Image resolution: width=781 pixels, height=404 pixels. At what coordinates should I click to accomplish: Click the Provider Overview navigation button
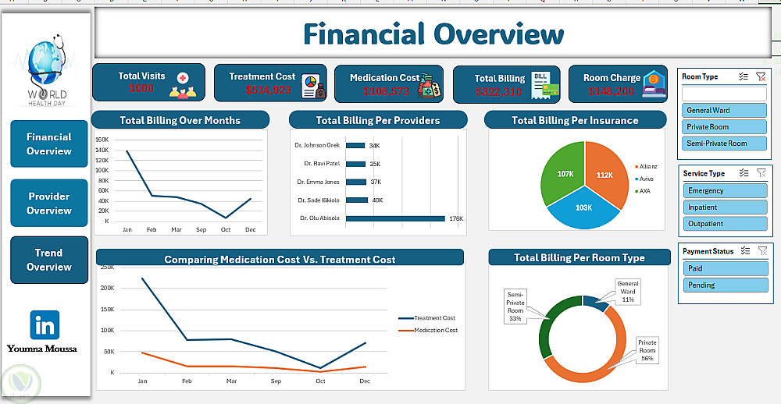click(49, 204)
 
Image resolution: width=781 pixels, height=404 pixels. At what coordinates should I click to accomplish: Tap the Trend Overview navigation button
click(49, 260)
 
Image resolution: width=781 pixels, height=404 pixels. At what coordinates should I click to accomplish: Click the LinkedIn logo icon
click(45, 324)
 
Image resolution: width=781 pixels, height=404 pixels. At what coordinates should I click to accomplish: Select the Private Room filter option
click(724, 127)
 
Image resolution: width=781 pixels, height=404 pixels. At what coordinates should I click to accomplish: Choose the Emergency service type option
click(724, 191)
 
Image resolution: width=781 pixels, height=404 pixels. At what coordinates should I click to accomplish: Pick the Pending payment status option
click(724, 285)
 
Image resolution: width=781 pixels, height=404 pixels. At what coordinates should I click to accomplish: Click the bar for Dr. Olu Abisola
click(395, 218)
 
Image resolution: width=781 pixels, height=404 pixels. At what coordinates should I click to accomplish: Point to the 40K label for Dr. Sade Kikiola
click(377, 200)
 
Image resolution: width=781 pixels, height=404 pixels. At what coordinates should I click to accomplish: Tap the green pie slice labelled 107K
click(565, 174)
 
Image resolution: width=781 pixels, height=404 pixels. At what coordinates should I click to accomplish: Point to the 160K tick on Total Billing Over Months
click(102, 140)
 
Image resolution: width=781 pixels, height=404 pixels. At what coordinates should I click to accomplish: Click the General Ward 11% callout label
click(628, 292)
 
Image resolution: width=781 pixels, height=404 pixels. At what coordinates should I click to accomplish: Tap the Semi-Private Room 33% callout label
click(515, 306)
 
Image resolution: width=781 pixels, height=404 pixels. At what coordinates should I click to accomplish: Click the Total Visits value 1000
click(141, 89)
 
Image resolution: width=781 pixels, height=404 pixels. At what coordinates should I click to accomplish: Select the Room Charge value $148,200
click(611, 91)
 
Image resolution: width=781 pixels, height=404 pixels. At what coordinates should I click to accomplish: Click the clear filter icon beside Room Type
click(761, 77)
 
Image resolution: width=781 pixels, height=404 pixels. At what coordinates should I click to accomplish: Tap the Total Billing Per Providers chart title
click(378, 121)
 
